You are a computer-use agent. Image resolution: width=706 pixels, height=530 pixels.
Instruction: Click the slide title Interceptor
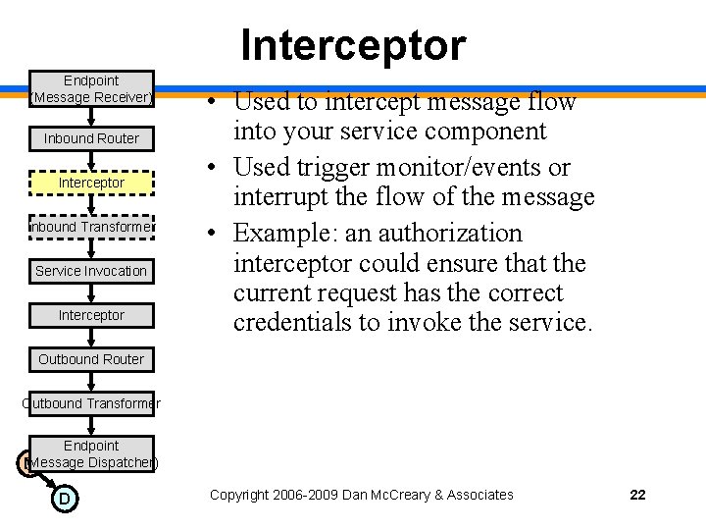[x=353, y=45]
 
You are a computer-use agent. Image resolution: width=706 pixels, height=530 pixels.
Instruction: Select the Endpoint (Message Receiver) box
[x=91, y=88]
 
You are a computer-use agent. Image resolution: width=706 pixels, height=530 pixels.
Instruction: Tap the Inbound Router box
[x=91, y=138]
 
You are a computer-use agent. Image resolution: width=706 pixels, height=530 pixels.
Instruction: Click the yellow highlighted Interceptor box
[x=91, y=183]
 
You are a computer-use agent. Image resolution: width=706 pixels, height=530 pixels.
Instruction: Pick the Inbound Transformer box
[x=91, y=227]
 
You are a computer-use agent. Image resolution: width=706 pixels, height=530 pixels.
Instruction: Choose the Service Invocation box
[x=91, y=271]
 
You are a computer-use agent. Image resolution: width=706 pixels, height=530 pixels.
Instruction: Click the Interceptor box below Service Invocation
[x=91, y=315]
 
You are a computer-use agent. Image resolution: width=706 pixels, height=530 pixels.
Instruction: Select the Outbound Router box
[x=91, y=359]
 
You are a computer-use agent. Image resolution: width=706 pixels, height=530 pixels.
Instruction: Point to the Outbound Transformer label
[x=91, y=403]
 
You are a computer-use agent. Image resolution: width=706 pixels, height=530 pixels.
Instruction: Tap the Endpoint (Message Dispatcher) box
[x=91, y=453]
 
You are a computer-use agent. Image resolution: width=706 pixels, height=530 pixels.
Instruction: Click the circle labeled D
[x=64, y=499]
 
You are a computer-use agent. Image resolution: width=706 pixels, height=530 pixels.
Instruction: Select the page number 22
[x=637, y=495]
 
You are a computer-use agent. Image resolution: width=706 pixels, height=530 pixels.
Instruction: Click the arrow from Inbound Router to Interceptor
[x=91, y=160]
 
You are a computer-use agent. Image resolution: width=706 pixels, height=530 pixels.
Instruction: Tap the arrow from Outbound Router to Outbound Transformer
[x=91, y=381]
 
